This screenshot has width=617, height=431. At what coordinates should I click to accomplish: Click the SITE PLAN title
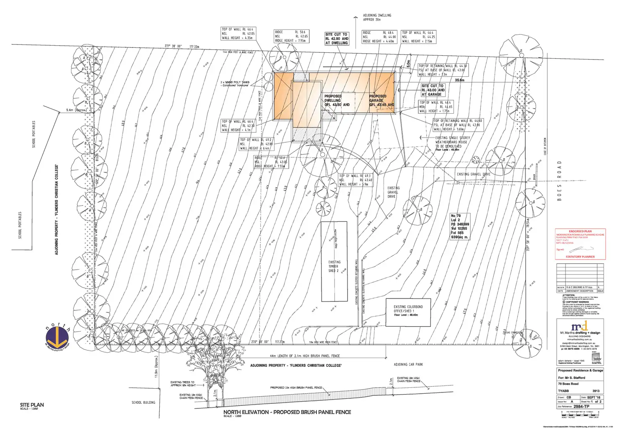[x=32, y=405]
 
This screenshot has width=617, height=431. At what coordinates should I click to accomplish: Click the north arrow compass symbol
[x=58, y=335]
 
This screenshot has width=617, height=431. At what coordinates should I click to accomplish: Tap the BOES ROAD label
[x=559, y=181]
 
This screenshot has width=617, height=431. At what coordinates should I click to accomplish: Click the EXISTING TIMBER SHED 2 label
[x=334, y=267]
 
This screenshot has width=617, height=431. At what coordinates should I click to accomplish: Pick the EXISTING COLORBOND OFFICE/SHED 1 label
[x=408, y=311]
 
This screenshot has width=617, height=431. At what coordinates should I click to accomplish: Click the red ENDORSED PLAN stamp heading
[x=580, y=231]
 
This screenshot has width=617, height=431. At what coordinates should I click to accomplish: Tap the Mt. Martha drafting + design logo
[x=580, y=327]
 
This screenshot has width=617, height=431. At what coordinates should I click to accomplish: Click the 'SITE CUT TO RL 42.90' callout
[x=337, y=39]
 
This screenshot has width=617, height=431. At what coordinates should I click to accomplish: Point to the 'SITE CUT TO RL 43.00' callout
[x=433, y=90]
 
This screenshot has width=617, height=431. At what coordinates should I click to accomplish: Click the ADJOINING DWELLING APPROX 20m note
[x=377, y=17]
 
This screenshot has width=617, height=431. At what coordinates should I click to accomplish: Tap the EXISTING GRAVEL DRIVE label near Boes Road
[x=473, y=174]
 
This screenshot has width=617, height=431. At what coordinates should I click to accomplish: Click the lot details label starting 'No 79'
[x=459, y=226]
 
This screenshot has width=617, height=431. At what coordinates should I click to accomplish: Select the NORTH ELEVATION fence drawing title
[x=287, y=412]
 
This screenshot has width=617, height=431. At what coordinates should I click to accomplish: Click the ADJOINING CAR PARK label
[x=408, y=365]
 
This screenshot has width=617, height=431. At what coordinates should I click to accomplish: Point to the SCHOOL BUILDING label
[x=143, y=402]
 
